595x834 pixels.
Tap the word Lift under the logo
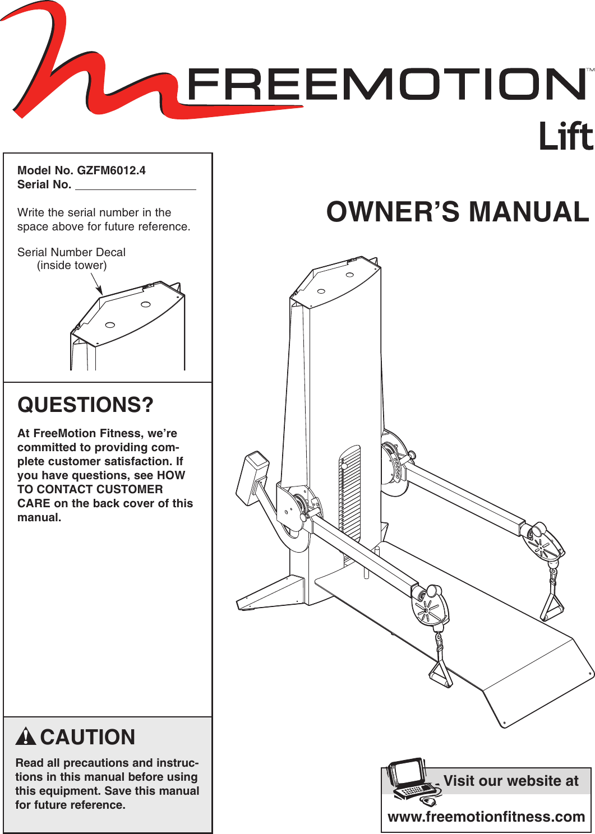tap(565, 137)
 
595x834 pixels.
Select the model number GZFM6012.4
tap(111, 170)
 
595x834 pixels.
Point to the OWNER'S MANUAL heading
tap(458, 212)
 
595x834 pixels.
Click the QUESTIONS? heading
tap(85, 405)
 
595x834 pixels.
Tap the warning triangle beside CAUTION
tap(26, 736)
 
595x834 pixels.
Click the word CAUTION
tap(87, 737)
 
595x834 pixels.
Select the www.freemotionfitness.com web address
tap(486, 817)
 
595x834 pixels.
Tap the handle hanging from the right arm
tap(552, 603)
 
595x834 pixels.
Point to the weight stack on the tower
tap(350, 493)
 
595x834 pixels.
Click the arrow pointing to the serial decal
tap(96, 283)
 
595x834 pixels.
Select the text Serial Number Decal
tap(71, 252)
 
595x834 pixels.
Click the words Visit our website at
tap(511, 781)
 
